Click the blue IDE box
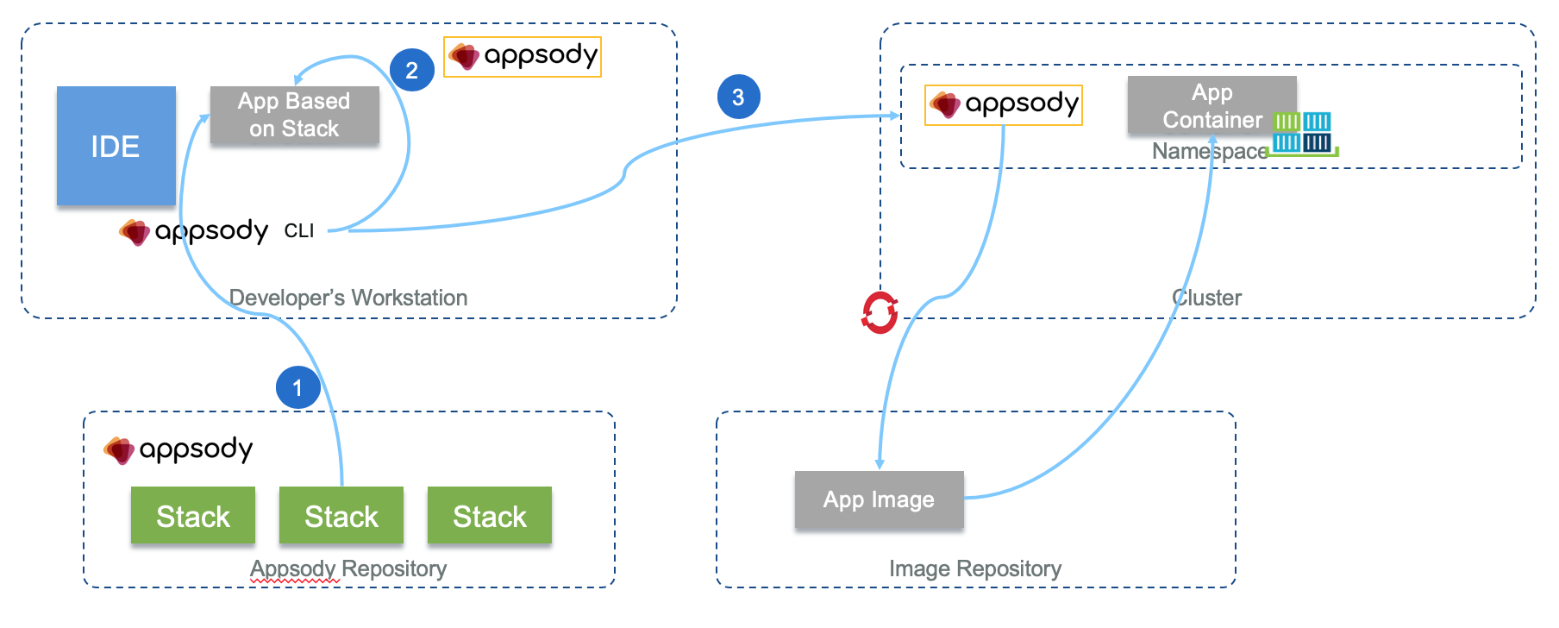116,146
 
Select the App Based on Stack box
294,115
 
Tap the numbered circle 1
297,387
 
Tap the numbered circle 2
411,70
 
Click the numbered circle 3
738,97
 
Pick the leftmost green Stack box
193,515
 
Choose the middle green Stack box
341,515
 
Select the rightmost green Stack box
489,515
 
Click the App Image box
879,499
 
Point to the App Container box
1212,105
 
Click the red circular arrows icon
880,312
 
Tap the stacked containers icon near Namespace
1303,134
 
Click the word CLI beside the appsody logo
299,231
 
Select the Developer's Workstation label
347,298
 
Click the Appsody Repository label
347,568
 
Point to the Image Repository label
974,568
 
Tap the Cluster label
1206,298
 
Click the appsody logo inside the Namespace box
1003,105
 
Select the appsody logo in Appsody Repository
178,450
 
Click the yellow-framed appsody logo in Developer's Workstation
522,57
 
